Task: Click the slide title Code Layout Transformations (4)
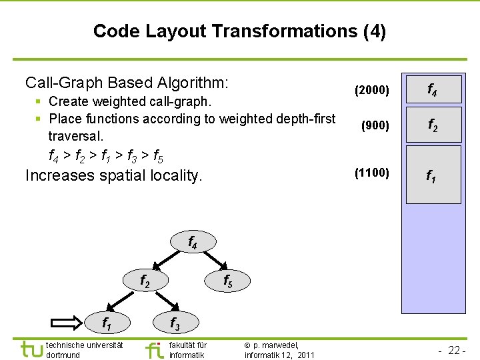click(x=239, y=31)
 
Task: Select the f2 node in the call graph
click(x=144, y=281)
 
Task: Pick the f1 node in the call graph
click(x=106, y=323)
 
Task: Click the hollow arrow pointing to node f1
click(x=67, y=323)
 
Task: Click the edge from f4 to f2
click(x=169, y=262)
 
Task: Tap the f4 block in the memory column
click(x=433, y=89)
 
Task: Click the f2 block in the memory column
click(x=433, y=125)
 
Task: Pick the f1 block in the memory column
click(x=433, y=175)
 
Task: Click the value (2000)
click(x=372, y=89)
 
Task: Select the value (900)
click(x=375, y=125)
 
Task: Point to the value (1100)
click(x=372, y=173)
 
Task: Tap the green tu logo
click(x=31, y=349)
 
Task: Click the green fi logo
click(x=153, y=349)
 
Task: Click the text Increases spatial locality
click(x=113, y=175)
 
